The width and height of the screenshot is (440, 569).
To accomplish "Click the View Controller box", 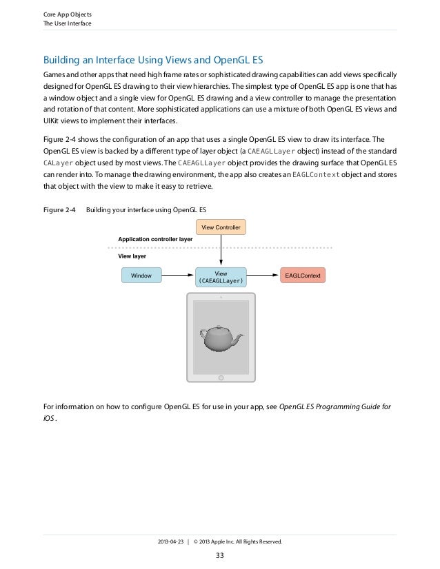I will (x=221, y=227).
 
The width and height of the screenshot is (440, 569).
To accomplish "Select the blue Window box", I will (x=141, y=276).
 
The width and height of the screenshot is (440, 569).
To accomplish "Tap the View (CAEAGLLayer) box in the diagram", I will (x=221, y=277).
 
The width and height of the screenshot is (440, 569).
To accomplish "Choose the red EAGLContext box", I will (x=303, y=276).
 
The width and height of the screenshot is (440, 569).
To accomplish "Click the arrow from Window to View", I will (x=179, y=276).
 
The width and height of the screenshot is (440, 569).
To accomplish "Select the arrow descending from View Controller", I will (x=221, y=250).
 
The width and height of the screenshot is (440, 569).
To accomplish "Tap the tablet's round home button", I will (x=221, y=378).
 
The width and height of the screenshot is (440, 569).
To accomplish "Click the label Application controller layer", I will (x=155, y=239).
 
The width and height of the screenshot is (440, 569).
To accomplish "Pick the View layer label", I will (x=132, y=256).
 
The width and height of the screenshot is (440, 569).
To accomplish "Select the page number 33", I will (x=221, y=556).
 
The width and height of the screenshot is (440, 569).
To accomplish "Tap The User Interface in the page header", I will (x=67, y=24).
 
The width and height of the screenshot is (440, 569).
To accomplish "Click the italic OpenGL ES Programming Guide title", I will (x=334, y=406).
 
